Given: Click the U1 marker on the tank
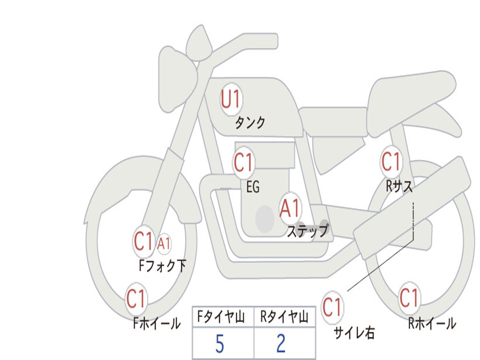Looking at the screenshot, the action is [x=231, y=99].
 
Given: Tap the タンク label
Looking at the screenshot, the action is [x=250, y=123].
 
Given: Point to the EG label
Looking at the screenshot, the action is [x=253, y=187].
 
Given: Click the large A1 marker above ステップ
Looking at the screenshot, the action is [x=290, y=209].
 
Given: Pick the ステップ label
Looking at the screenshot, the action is [x=307, y=231].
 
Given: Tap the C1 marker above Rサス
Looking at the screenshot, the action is [x=390, y=162].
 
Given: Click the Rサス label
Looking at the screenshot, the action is [x=399, y=187].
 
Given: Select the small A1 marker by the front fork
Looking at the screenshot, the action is [x=164, y=243].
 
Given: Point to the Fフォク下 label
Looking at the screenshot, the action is [x=162, y=266].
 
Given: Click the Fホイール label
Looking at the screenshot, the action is [x=157, y=323].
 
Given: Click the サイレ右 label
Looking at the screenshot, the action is [x=354, y=333].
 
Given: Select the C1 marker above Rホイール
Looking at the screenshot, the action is [x=408, y=298].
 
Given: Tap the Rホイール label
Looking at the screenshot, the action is [x=432, y=323].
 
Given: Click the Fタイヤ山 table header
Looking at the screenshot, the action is [x=222, y=318].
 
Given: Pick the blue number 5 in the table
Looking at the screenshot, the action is [x=219, y=345].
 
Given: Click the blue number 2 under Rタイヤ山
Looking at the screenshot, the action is [x=281, y=345].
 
